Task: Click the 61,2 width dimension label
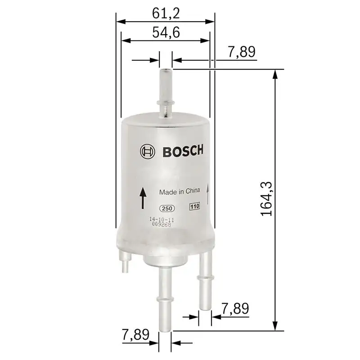click(166, 13)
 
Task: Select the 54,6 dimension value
click(166, 33)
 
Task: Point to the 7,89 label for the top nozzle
click(242, 52)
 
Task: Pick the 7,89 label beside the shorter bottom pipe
click(235, 309)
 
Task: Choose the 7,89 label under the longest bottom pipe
click(135, 335)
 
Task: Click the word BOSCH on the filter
click(182, 151)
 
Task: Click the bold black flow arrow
click(143, 198)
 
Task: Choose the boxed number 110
click(194, 207)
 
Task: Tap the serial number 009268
click(161, 224)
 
